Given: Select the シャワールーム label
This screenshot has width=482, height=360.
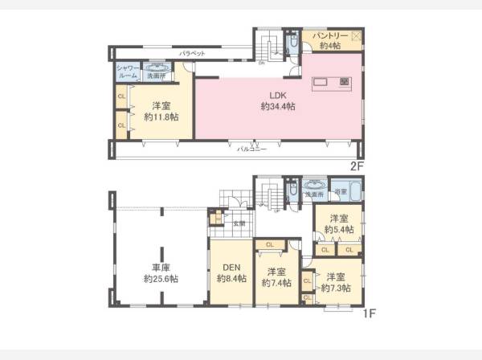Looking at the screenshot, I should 128,72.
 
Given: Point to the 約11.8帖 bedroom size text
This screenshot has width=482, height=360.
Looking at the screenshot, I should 161,117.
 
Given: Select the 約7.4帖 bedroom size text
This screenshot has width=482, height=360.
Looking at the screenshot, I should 277,283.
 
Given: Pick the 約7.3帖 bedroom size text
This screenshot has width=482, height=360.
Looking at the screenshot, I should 336,287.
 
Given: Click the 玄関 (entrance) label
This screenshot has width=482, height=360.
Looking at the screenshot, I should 239,224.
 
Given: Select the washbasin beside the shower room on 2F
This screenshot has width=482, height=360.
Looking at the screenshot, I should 157,72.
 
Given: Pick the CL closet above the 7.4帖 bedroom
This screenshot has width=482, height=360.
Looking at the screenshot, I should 270,245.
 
